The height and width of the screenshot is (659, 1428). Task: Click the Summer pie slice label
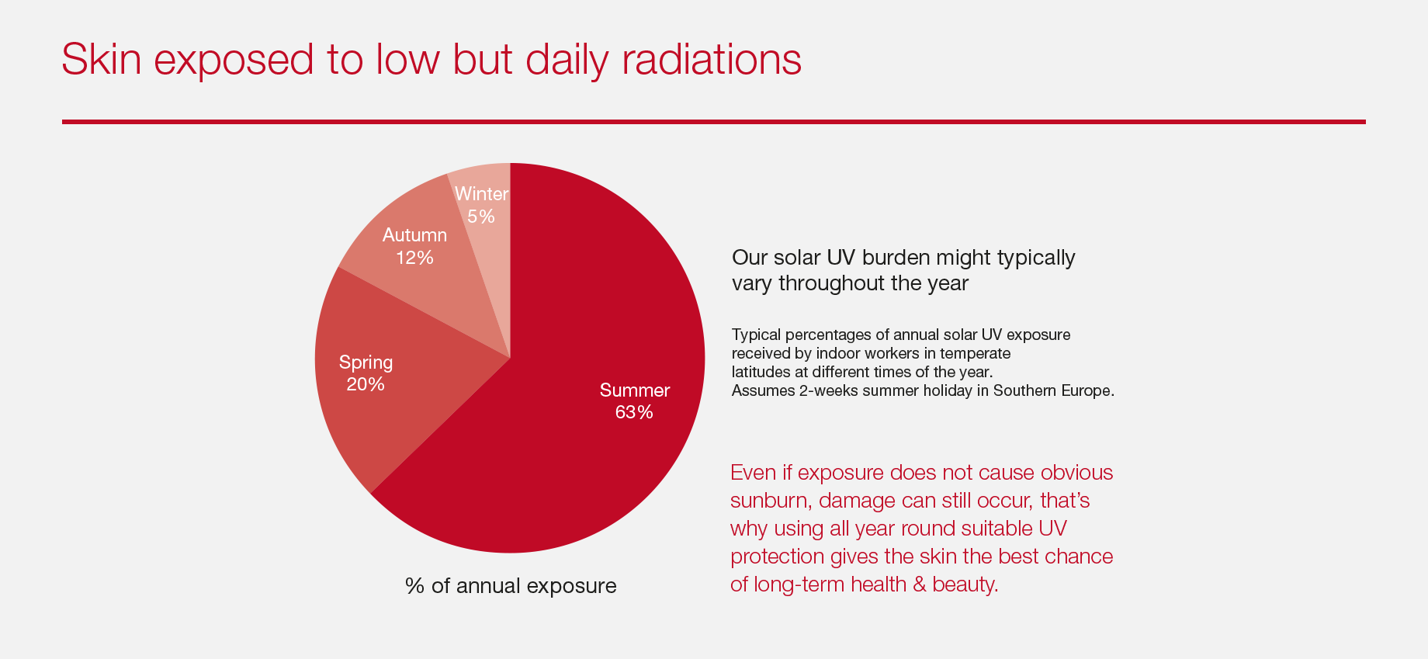(x=635, y=390)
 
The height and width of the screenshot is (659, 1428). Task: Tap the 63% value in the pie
(x=634, y=412)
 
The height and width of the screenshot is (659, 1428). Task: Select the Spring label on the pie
(x=366, y=363)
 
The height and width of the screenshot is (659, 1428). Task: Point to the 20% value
(x=366, y=384)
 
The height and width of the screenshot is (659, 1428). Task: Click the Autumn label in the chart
(x=414, y=235)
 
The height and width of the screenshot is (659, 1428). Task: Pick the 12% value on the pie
(x=414, y=258)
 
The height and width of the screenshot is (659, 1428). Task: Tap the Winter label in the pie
(x=481, y=194)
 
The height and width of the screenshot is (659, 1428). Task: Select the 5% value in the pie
(x=481, y=217)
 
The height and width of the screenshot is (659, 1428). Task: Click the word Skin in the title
(x=102, y=59)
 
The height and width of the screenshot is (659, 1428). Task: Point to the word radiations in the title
(x=712, y=59)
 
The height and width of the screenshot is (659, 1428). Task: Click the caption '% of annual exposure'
(x=511, y=586)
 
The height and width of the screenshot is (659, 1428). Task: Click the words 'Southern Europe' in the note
(x=1053, y=390)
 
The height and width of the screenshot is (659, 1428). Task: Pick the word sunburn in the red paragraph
(x=771, y=501)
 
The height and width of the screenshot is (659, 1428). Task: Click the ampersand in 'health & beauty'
(x=920, y=584)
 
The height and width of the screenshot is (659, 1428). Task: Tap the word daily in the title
(x=567, y=61)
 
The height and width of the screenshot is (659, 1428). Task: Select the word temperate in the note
(x=976, y=354)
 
